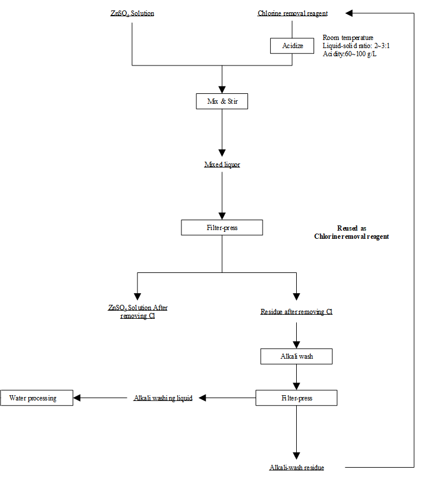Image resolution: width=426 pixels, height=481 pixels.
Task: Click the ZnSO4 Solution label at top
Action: pyautogui.click(x=132, y=13)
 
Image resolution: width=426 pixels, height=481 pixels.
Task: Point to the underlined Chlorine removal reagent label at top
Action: pyautogui.click(x=293, y=13)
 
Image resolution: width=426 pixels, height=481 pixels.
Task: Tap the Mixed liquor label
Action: pyautogui.click(x=222, y=165)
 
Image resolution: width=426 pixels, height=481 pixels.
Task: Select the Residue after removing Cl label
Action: pyautogui.click(x=296, y=312)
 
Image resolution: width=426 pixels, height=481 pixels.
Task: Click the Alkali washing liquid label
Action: pyautogui.click(x=163, y=398)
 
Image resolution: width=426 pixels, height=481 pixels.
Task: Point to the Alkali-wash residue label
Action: pyautogui.click(x=297, y=468)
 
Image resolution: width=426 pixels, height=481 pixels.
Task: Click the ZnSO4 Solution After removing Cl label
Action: pyautogui.click(x=138, y=312)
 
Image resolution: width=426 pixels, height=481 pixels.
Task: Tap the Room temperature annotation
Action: pyautogui.click(x=348, y=38)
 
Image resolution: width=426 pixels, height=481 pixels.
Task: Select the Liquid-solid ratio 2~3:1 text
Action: pyautogui.click(x=356, y=46)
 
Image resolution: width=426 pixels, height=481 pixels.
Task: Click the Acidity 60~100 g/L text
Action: pyautogui.click(x=349, y=54)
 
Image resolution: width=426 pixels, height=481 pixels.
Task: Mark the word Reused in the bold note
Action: pyautogui.click(x=348, y=228)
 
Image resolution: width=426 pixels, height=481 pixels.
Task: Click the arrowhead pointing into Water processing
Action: pyautogui.click(x=77, y=398)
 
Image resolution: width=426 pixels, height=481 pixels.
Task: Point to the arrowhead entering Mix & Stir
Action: pyautogui.click(x=222, y=90)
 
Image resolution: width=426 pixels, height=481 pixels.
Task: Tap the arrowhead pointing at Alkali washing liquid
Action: pyautogui.click(x=202, y=398)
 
